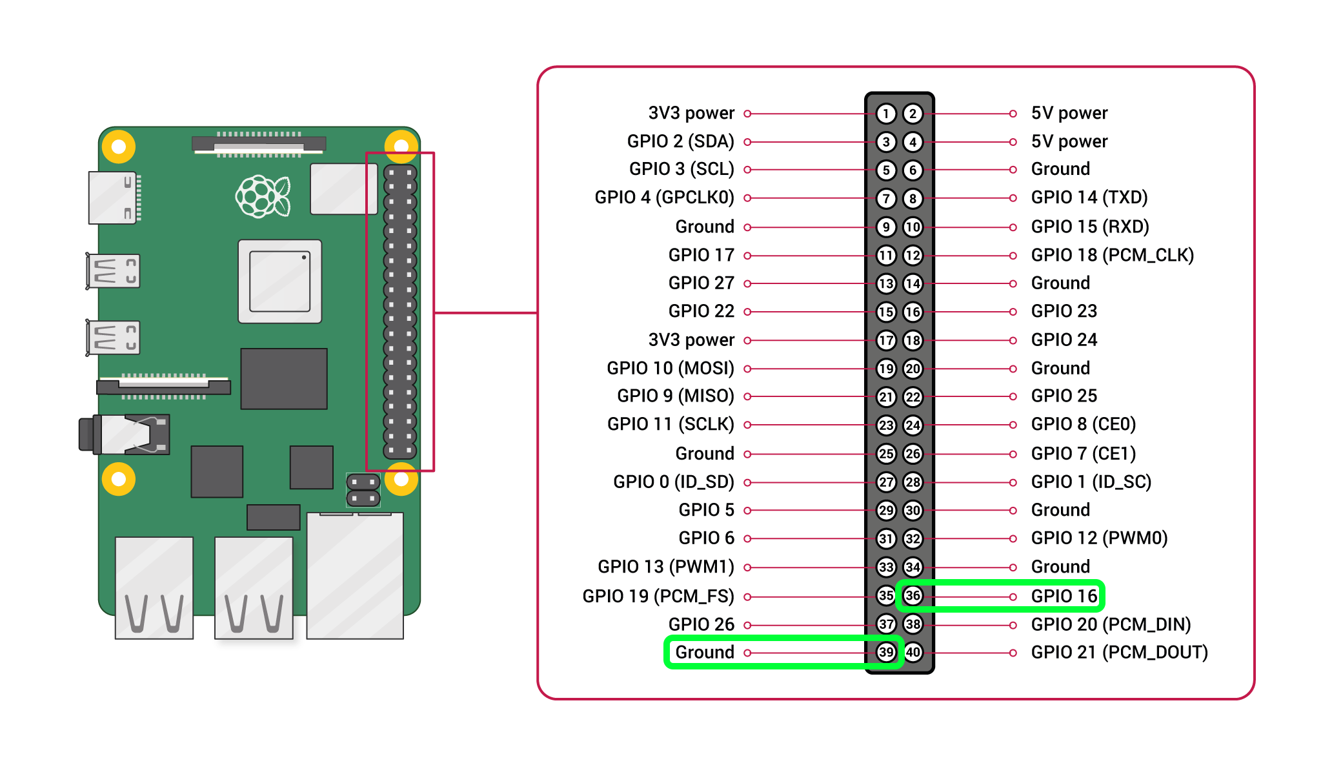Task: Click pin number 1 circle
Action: coord(886,114)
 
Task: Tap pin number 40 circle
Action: coord(913,652)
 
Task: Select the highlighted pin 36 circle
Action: coord(913,595)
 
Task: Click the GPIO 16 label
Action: coord(1064,596)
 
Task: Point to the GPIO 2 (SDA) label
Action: coord(680,141)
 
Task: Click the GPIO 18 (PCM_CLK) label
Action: coord(1112,255)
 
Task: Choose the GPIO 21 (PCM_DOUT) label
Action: coord(1119,652)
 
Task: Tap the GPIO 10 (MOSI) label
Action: coord(670,368)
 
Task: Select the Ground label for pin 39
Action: coord(704,652)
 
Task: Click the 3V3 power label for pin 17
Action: coord(691,340)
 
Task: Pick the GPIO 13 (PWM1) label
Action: coord(665,567)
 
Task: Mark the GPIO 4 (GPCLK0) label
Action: coord(664,198)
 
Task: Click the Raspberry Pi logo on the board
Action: coord(263,196)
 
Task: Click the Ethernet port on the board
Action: coord(355,575)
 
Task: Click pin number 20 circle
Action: coord(913,369)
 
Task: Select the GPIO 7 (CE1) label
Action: coord(1083,453)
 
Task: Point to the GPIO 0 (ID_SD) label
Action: coord(673,482)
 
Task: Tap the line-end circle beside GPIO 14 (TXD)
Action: coord(1013,198)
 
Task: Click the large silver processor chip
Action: coord(279,281)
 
